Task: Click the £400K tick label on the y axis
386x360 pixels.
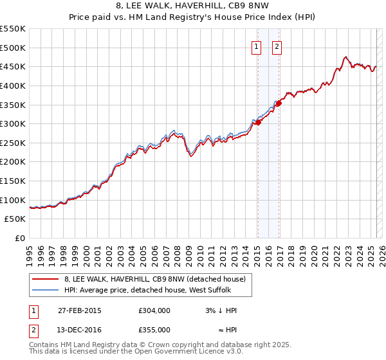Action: click(x=12, y=85)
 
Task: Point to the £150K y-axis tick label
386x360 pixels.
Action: click(x=12, y=181)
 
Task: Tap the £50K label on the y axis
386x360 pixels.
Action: click(x=15, y=219)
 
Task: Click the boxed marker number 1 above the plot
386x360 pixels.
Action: click(x=257, y=46)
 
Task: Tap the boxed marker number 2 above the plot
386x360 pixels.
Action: click(x=277, y=46)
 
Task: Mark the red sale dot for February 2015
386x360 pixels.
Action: click(x=258, y=122)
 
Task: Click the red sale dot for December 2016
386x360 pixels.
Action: click(x=279, y=103)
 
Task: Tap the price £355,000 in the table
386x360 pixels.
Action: click(x=154, y=330)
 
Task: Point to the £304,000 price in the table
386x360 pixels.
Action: click(x=154, y=310)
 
